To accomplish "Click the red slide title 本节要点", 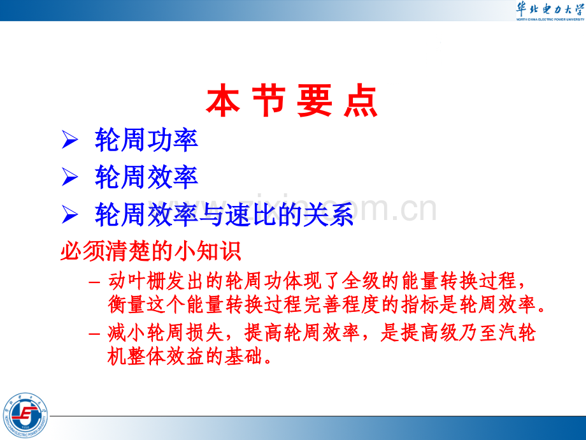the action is (292, 100).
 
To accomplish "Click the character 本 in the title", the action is (223, 100).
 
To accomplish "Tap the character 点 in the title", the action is (361, 100).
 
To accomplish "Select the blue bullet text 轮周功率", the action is (146, 140).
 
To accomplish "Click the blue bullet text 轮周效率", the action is (146, 177).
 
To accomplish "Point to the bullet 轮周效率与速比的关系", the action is (224, 214).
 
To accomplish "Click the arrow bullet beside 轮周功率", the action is (69, 140).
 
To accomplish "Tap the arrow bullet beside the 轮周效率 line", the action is (69, 177).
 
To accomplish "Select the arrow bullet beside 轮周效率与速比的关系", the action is (69, 215).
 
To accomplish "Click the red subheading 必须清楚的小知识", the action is (150, 251).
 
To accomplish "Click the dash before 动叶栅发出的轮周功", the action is (94, 281).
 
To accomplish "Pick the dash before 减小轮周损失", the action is (94, 333).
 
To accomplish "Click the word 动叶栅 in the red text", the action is (137, 281).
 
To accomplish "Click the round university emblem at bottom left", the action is (25, 415).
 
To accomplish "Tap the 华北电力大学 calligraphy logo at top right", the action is (550, 10).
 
